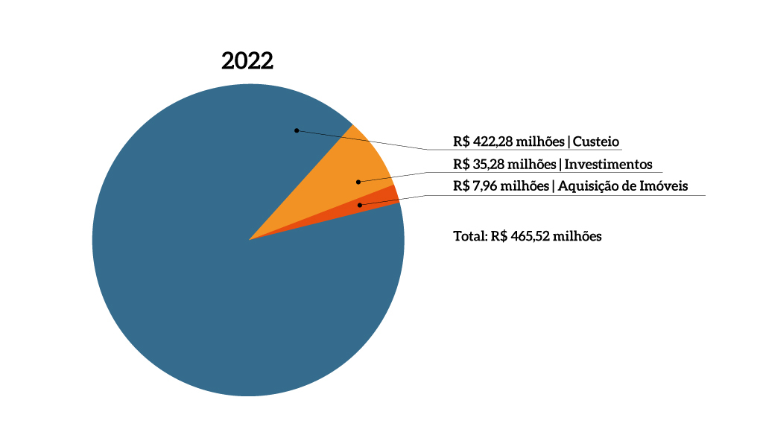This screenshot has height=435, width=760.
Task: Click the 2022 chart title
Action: click(x=247, y=61)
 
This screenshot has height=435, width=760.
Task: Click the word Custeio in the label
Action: click(x=597, y=142)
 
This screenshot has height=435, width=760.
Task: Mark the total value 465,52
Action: click(x=532, y=237)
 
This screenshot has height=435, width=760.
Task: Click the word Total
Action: click(x=469, y=237)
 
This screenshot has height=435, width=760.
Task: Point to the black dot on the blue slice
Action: click(x=297, y=130)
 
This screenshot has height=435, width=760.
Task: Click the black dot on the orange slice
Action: click(x=358, y=181)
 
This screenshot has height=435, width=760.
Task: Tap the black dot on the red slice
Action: click(x=360, y=205)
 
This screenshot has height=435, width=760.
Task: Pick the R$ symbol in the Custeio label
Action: click(x=462, y=142)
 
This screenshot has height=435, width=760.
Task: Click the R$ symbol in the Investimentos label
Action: click(x=462, y=165)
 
